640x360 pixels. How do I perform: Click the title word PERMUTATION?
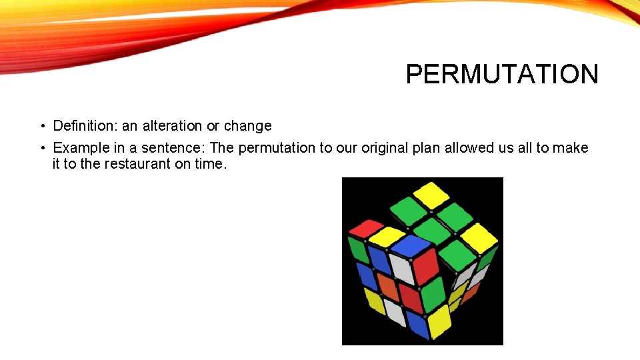click(x=502, y=74)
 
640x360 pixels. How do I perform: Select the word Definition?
click(x=85, y=126)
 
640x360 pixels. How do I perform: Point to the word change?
click(x=247, y=126)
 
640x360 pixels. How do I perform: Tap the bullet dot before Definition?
click(x=41, y=126)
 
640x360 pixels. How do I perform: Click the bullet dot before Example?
click(x=41, y=147)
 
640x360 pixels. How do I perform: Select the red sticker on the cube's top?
click(x=366, y=228)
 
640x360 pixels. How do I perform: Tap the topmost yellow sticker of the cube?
click(x=431, y=194)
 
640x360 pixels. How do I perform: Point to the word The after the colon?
click(x=222, y=147)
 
